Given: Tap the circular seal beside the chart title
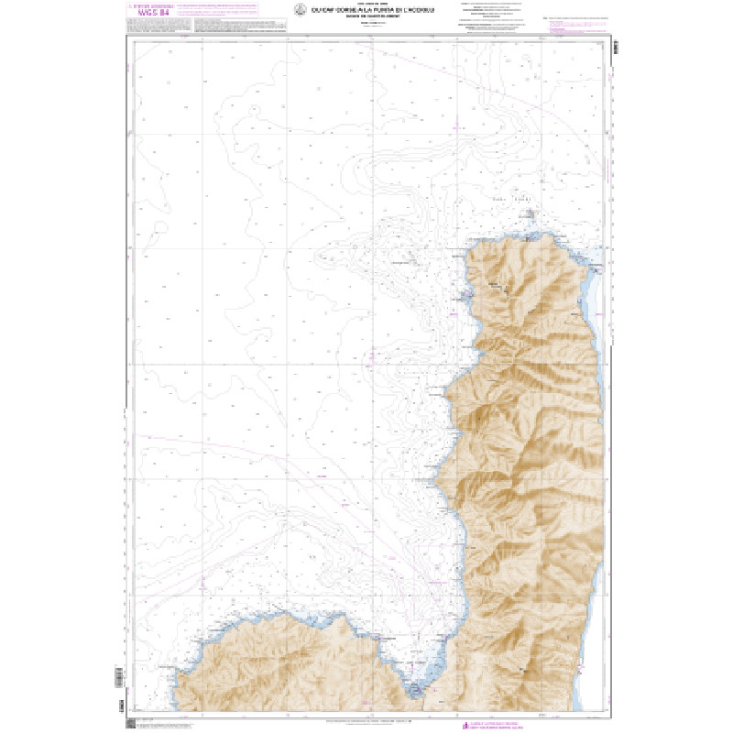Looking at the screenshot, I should point(299,10).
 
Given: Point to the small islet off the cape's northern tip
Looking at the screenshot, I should point(532,214).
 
